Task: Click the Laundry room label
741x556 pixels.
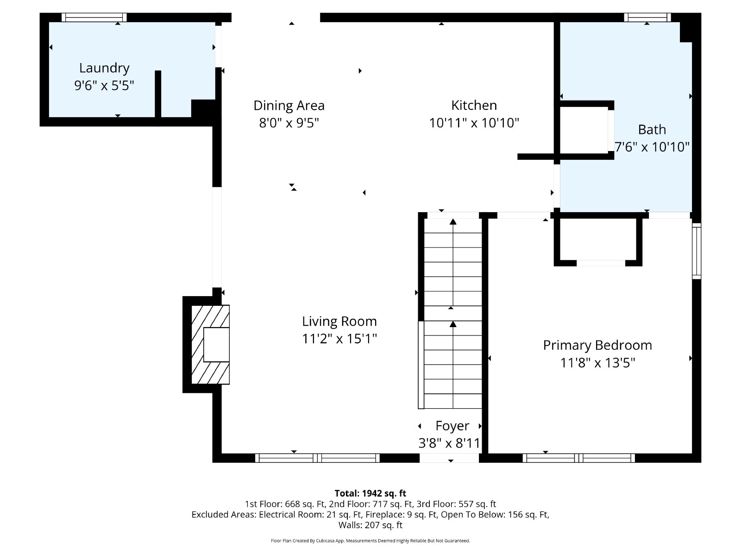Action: (x=104, y=68)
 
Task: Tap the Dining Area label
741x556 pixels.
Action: (x=289, y=105)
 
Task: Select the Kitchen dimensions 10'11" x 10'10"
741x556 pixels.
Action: (x=474, y=122)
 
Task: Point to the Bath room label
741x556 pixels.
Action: (x=652, y=130)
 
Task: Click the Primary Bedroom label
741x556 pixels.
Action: (x=597, y=345)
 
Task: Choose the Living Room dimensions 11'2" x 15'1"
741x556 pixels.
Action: (x=339, y=338)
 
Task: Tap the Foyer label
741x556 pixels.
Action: (x=452, y=426)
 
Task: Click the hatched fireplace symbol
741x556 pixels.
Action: (x=210, y=344)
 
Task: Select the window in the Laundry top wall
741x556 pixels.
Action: (x=94, y=17)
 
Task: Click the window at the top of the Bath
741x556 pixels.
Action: (x=647, y=17)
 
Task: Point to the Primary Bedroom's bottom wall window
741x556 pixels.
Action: (x=578, y=458)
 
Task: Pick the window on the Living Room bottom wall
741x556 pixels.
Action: (x=317, y=458)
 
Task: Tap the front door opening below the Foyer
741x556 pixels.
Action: (x=449, y=458)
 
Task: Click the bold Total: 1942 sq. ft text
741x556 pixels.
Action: (x=370, y=493)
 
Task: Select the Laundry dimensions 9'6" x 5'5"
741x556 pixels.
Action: (x=104, y=85)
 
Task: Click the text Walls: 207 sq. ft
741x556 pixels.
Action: (x=370, y=525)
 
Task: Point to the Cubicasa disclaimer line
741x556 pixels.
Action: (x=370, y=541)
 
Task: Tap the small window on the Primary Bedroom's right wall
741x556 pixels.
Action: (x=697, y=251)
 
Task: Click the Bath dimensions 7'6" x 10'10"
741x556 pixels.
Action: (x=652, y=147)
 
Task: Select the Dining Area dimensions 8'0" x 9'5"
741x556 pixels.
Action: (x=289, y=122)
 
